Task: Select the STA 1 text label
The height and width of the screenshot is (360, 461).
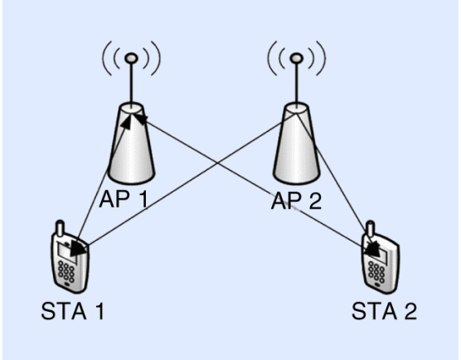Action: click(72, 313)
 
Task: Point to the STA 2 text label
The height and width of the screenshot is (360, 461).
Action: click(382, 313)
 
